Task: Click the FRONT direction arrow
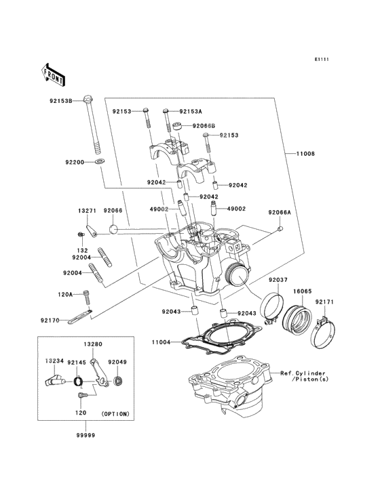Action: (x=53, y=75)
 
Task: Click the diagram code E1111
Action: (x=322, y=59)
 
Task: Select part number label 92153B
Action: (x=61, y=101)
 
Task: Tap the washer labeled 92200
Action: (x=100, y=162)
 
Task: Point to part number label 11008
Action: (x=305, y=154)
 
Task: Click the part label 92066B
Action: (x=204, y=126)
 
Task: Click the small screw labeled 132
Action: (x=81, y=234)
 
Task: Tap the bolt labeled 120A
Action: (x=86, y=297)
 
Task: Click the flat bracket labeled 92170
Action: (x=80, y=317)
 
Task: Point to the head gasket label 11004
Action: (x=161, y=342)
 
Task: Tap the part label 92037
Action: (x=278, y=280)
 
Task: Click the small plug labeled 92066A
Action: (x=280, y=229)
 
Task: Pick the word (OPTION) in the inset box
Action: (x=115, y=414)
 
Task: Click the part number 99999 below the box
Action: (x=85, y=435)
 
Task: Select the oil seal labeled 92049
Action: (x=119, y=381)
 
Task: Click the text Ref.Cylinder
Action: (x=303, y=373)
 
